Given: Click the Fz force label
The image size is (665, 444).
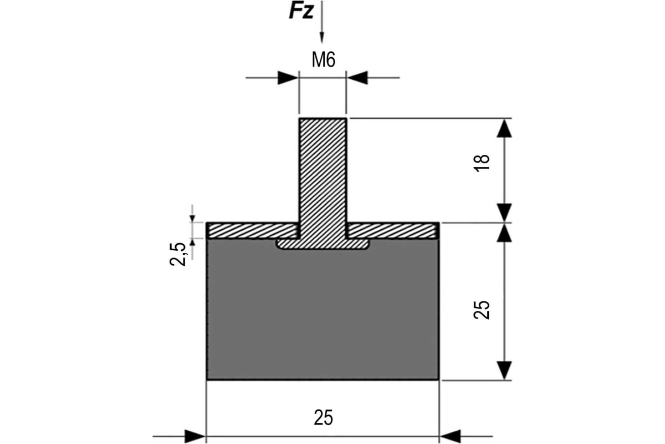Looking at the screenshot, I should click(x=301, y=11).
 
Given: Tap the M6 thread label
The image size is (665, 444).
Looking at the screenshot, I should click(x=323, y=60).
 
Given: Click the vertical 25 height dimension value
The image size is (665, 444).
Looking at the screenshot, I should click(x=483, y=309).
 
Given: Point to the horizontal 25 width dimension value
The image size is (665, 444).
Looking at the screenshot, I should click(x=324, y=417).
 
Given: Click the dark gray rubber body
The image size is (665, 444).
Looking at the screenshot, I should click(x=323, y=316).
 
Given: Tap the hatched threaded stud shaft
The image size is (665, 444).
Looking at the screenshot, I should click(x=323, y=172).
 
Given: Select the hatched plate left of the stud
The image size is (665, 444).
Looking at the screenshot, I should click(x=252, y=230).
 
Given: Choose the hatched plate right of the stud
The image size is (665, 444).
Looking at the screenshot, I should click(x=392, y=230).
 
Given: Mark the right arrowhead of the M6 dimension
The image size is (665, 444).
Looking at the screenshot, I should click(x=357, y=78).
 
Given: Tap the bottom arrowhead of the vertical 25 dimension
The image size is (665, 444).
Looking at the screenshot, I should click(x=503, y=370).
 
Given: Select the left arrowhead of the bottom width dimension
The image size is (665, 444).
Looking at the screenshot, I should click(x=195, y=436).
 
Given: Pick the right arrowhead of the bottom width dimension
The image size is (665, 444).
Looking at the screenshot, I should click(x=450, y=436).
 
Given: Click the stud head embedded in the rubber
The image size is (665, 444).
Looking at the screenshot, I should click(x=323, y=244).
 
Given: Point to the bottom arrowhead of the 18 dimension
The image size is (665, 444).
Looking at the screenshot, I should click(x=503, y=213).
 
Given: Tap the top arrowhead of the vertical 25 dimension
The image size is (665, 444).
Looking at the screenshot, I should click(x=503, y=233).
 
